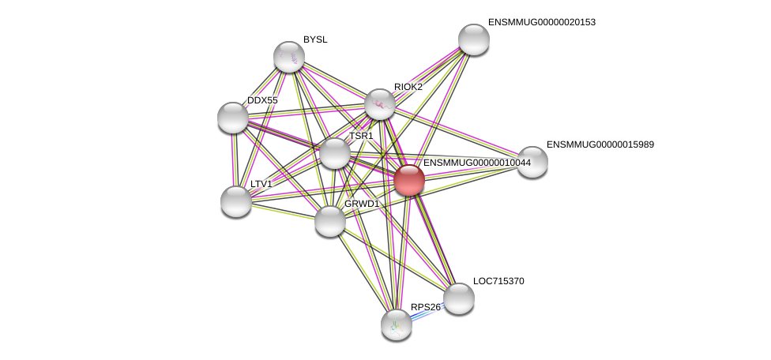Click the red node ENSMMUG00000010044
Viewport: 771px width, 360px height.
[409, 180]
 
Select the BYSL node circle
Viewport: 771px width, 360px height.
[289, 57]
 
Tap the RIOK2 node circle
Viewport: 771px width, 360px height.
[380, 104]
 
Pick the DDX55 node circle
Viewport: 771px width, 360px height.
[233, 118]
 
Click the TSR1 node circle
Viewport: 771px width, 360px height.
[335, 153]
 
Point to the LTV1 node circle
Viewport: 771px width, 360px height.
[236, 201]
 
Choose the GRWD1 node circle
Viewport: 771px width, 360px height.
[330, 221]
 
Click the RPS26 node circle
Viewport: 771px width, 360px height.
[397, 324]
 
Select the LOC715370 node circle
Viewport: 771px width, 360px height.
[459, 298]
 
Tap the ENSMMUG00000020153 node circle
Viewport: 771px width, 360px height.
[474, 39]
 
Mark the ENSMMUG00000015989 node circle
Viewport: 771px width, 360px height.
[532, 162]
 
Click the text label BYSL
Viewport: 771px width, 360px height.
[315, 39]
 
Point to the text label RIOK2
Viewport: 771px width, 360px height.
[408, 87]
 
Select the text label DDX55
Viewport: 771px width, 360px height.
[262, 100]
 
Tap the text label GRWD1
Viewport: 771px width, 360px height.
[362, 204]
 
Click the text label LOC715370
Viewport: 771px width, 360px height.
[498, 281]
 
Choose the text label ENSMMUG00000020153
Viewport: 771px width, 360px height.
[542, 22]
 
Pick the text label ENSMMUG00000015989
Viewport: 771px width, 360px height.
[600, 144]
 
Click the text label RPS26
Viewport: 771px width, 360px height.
[426, 307]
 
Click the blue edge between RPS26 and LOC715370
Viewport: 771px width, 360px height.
[427, 313]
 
